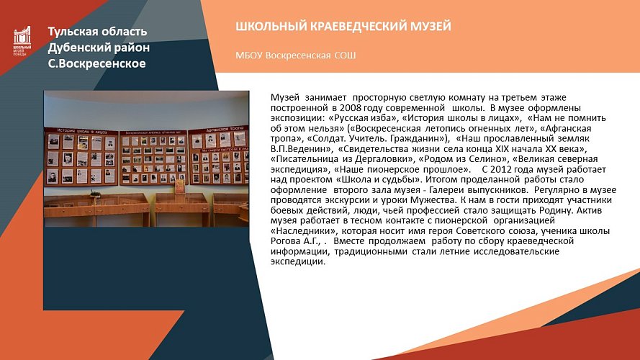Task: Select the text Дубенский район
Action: pyautogui.click(x=99, y=48)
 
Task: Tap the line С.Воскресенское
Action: pyautogui.click(x=96, y=63)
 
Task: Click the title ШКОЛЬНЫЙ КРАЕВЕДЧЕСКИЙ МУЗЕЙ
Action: pyautogui.click(x=343, y=27)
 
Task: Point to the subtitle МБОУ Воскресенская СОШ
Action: pyautogui.click(x=295, y=55)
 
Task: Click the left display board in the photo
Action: pyautogui.click(x=81, y=155)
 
